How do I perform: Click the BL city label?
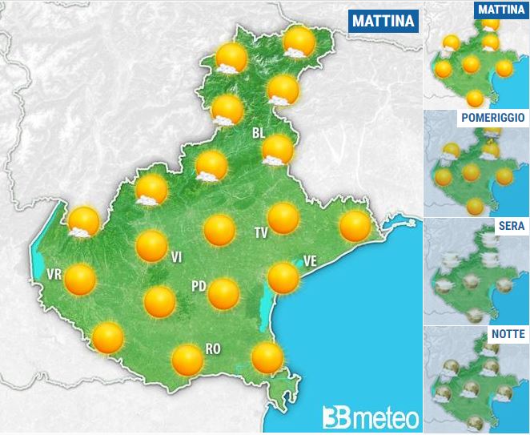(x=258, y=133)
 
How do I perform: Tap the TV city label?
(x=260, y=233)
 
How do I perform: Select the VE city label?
(x=311, y=260)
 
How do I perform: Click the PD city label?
(x=199, y=286)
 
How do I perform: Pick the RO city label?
(x=213, y=348)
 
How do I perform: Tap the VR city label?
(x=54, y=275)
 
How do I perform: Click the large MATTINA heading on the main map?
(x=384, y=21)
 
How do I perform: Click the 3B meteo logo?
(x=371, y=417)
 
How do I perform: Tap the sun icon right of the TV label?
(x=283, y=218)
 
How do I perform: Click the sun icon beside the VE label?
(x=283, y=277)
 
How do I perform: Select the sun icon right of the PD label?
(x=223, y=294)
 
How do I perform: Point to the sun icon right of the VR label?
(x=80, y=280)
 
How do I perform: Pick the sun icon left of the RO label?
(x=187, y=360)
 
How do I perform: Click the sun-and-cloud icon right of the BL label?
(x=278, y=149)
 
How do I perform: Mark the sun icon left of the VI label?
(x=151, y=245)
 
